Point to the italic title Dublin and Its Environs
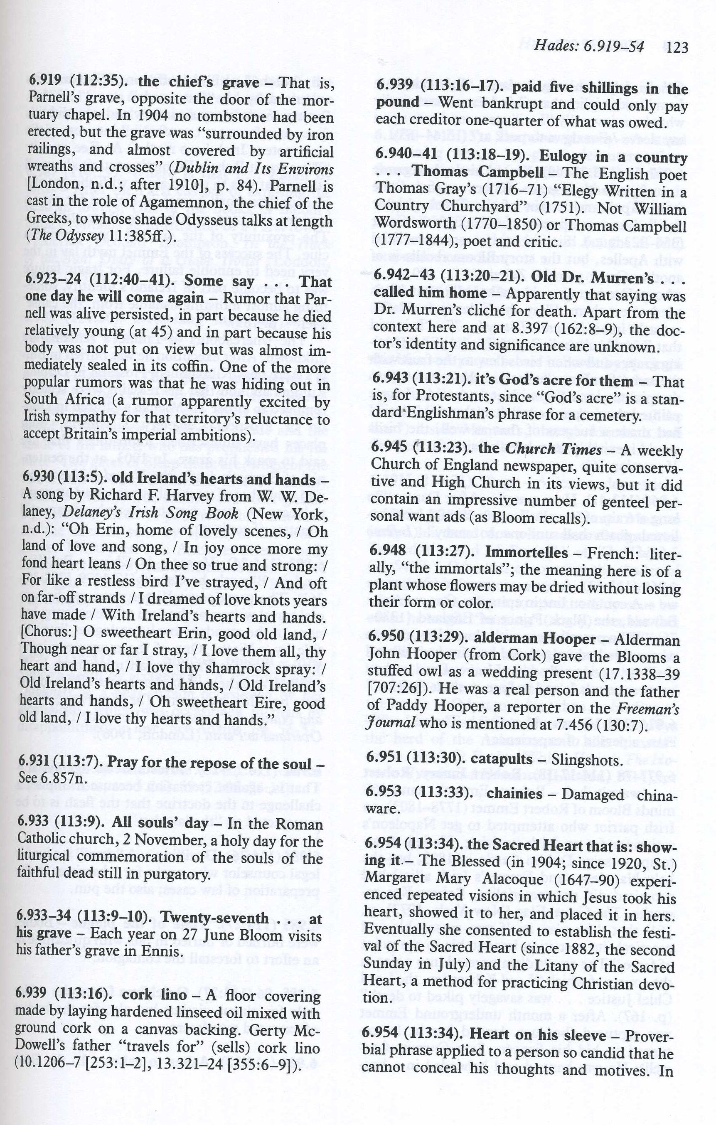[x=252, y=169]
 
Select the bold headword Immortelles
[x=527, y=553]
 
